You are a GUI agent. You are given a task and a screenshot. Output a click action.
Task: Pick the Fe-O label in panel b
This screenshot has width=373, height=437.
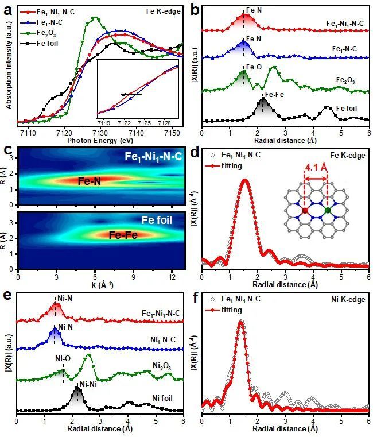[254, 67]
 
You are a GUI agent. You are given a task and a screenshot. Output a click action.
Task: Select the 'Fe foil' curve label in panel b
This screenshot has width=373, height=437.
[348, 107]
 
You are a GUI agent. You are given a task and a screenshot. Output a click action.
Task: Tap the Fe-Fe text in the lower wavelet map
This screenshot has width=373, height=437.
[125, 234]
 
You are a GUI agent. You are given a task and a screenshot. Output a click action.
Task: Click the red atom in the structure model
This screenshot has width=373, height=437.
[305, 211]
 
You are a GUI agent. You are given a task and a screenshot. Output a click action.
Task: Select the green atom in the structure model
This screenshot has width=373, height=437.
[328, 211]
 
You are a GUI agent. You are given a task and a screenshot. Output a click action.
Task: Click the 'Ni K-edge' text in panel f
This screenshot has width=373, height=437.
[346, 299]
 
